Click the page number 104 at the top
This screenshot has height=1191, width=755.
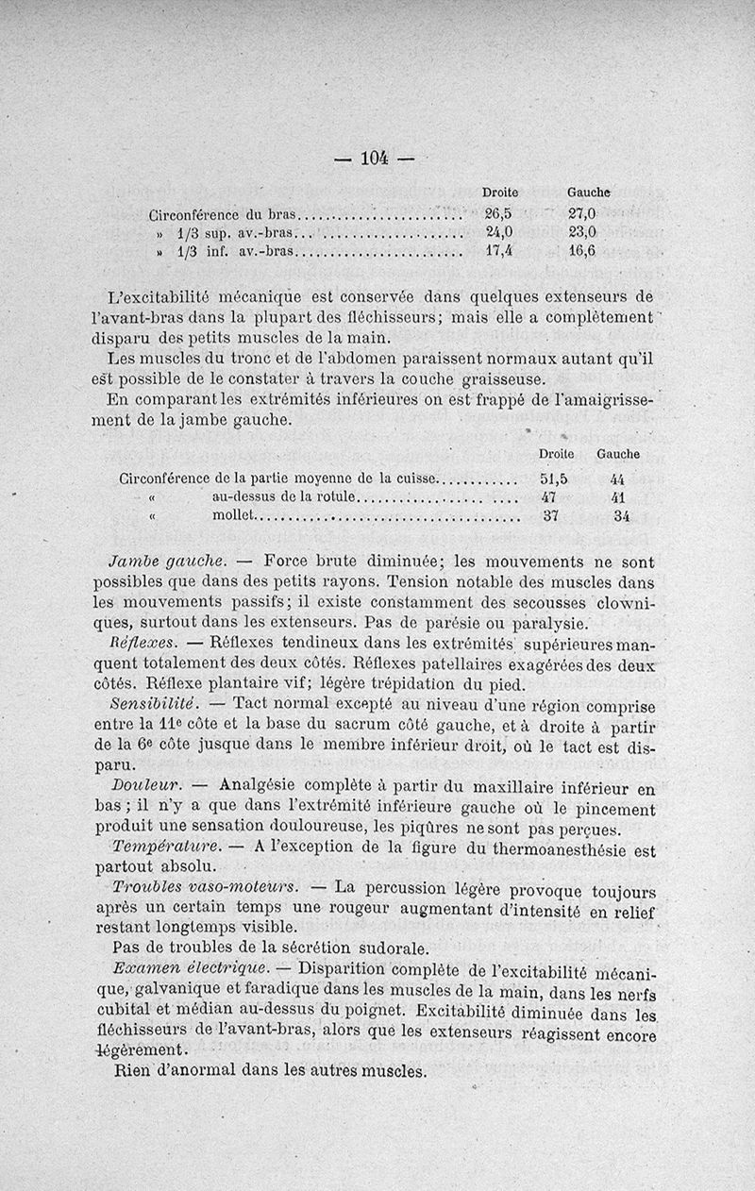[376, 158]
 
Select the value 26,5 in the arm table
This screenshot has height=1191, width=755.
[498, 212]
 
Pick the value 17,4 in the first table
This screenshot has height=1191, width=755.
[498, 252]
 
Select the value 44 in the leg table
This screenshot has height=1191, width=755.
[619, 478]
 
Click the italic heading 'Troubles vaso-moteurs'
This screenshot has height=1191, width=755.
[205, 886]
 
